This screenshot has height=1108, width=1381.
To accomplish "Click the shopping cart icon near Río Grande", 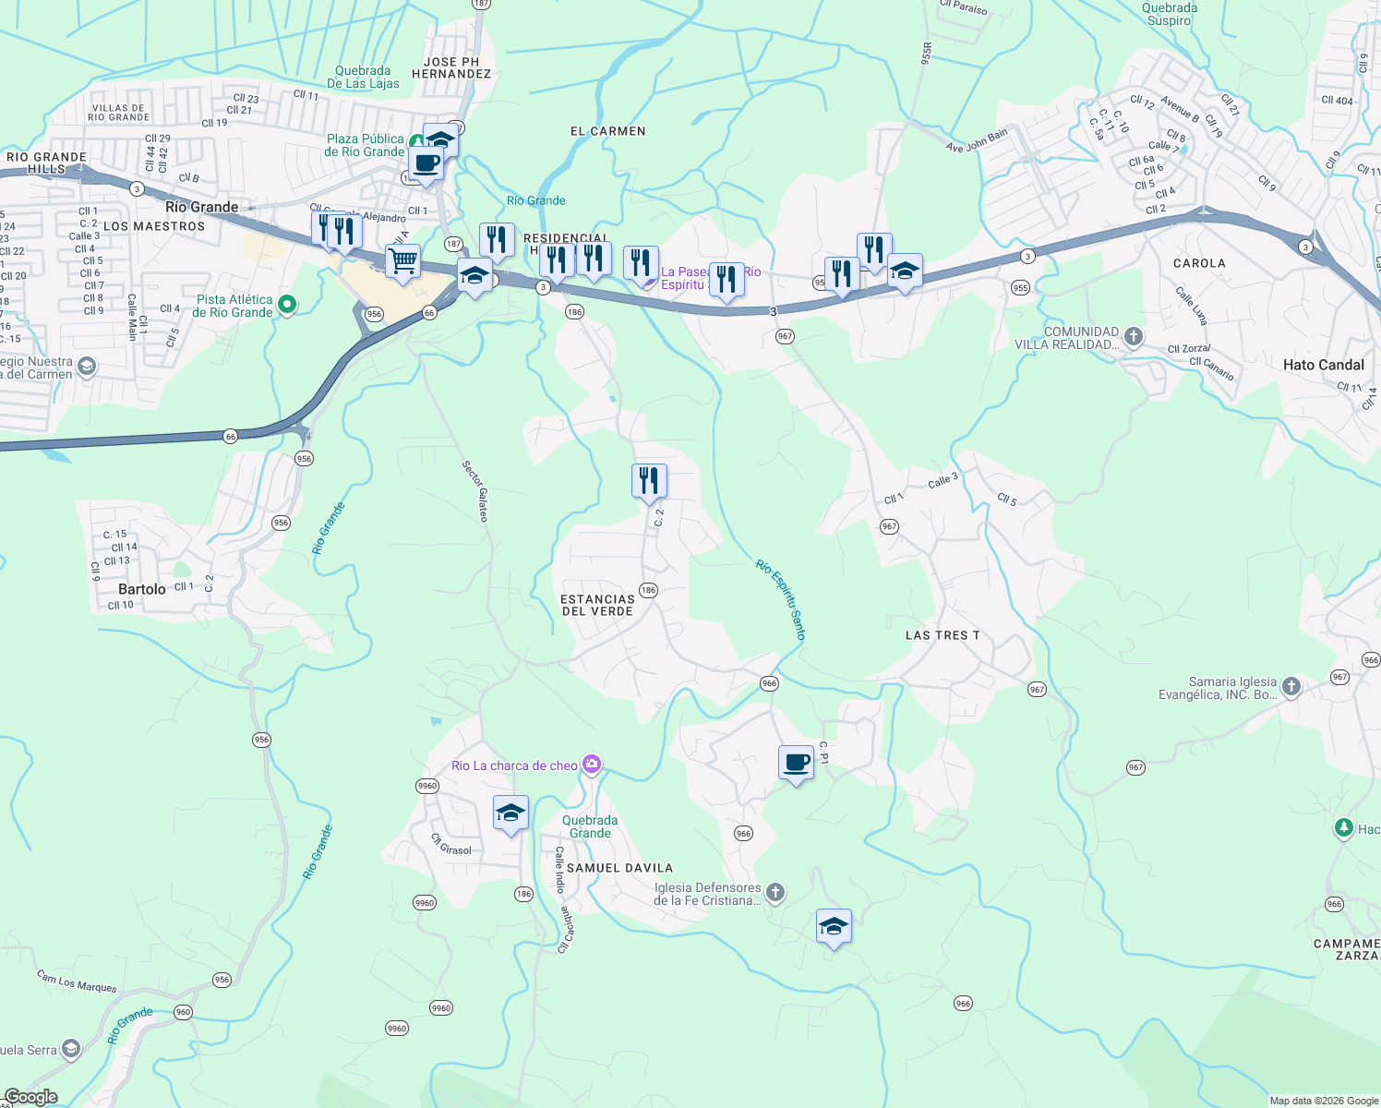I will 402,261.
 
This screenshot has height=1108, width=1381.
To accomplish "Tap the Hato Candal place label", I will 1323,365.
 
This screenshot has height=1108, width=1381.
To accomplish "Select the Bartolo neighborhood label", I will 142,589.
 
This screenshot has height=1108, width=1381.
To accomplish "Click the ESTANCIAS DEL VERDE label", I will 597,605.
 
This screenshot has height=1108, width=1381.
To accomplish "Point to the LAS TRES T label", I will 943,635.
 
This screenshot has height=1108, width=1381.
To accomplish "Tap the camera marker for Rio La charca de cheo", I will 592,765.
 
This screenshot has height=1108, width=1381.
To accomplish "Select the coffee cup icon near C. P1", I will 796,763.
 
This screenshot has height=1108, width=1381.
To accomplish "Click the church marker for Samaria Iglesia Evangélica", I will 1291,686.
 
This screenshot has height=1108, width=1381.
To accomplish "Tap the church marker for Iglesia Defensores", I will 775,892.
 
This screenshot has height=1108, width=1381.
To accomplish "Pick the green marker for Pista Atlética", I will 287,304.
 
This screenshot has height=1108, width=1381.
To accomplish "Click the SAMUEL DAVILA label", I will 619,868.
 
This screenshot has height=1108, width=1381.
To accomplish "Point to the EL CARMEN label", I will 607,131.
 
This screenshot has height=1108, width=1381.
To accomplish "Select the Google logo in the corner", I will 30,1097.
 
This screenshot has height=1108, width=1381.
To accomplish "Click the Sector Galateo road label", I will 475,491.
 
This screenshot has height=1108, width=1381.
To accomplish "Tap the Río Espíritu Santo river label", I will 781,599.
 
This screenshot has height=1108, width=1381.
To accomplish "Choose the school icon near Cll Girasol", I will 510,813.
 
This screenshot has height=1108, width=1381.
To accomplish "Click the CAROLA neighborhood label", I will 1199,263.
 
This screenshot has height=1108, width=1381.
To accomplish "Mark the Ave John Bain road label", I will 977,141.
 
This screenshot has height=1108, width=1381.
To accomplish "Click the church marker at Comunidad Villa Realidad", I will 1134,337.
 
